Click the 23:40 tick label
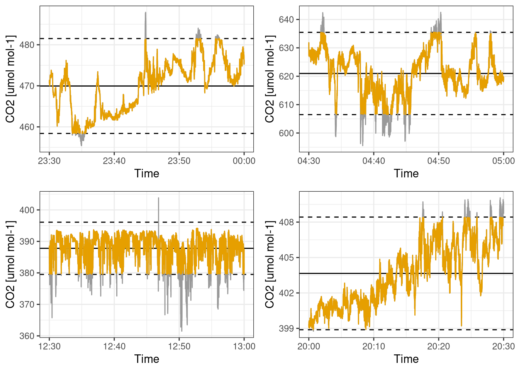pyautogui.click(x=114, y=161)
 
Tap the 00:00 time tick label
pyautogui.click(x=244, y=161)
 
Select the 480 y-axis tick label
pyautogui.click(x=27, y=45)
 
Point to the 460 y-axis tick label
pyautogui.click(x=27, y=127)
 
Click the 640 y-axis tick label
pyautogui.click(x=287, y=20)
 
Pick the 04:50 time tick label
pyautogui.click(x=438, y=161)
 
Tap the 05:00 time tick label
pyautogui.click(x=503, y=161)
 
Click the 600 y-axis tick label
pyautogui.click(x=287, y=133)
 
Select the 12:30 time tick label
pyautogui.click(x=49, y=346)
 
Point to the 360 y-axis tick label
pyautogui.click(x=27, y=336)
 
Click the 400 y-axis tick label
pyautogui.click(x=27, y=210)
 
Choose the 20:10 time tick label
pyautogui.click(x=373, y=346)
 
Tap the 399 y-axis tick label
pyautogui.click(x=287, y=328)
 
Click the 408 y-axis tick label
pyautogui.click(x=287, y=222)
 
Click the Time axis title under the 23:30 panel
pyautogui.click(x=147, y=174)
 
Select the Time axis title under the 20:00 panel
pyautogui.click(x=406, y=359)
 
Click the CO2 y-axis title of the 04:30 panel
pyautogui.click(x=270, y=79)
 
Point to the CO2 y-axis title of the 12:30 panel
pyautogui.click(x=10, y=264)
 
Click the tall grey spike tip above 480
pyautogui.click(x=146, y=13)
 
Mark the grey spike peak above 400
pyautogui.click(x=158, y=198)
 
